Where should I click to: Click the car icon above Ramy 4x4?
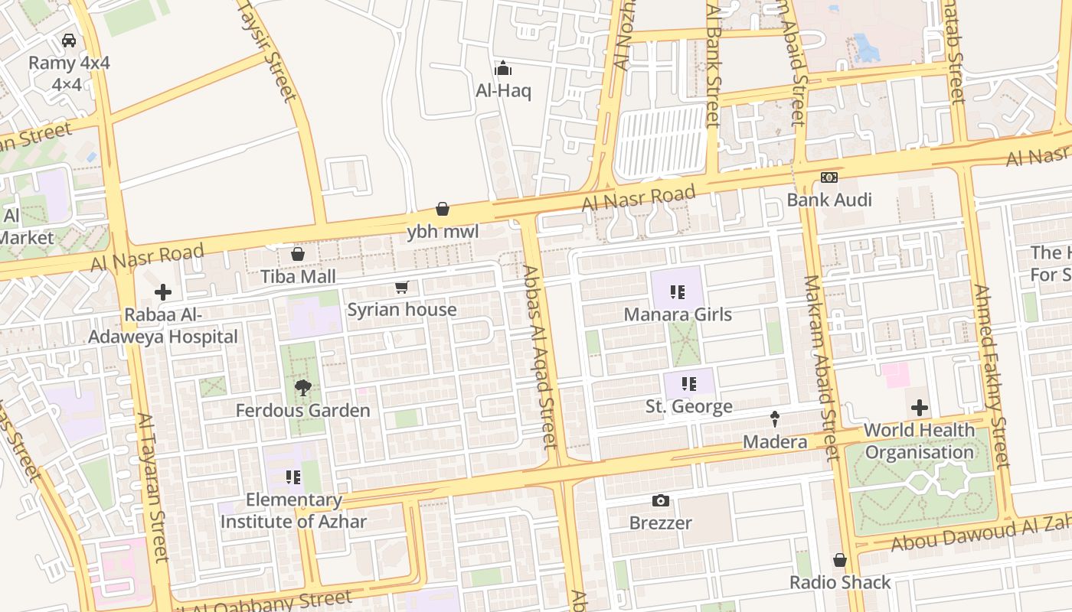tap(69, 41)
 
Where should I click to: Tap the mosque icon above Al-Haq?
tap(503, 69)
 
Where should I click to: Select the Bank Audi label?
tap(829, 200)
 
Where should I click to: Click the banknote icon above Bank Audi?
tap(829, 177)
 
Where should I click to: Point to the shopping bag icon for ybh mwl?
tap(443, 209)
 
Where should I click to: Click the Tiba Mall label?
tap(298, 276)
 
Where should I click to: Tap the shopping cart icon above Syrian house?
tap(401, 288)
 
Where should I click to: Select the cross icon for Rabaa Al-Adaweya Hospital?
tap(162, 292)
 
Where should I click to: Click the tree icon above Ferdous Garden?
tap(302, 388)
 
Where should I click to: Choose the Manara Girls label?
tap(678, 314)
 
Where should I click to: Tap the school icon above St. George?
tap(689, 384)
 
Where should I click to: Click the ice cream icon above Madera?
tap(775, 419)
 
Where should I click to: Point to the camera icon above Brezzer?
tap(660, 501)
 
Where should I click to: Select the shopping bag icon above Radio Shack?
tap(840, 560)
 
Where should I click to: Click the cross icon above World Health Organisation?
tap(919, 408)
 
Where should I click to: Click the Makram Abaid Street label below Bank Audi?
tap(821, 367)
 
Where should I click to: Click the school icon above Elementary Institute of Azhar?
tap(293, 477)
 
